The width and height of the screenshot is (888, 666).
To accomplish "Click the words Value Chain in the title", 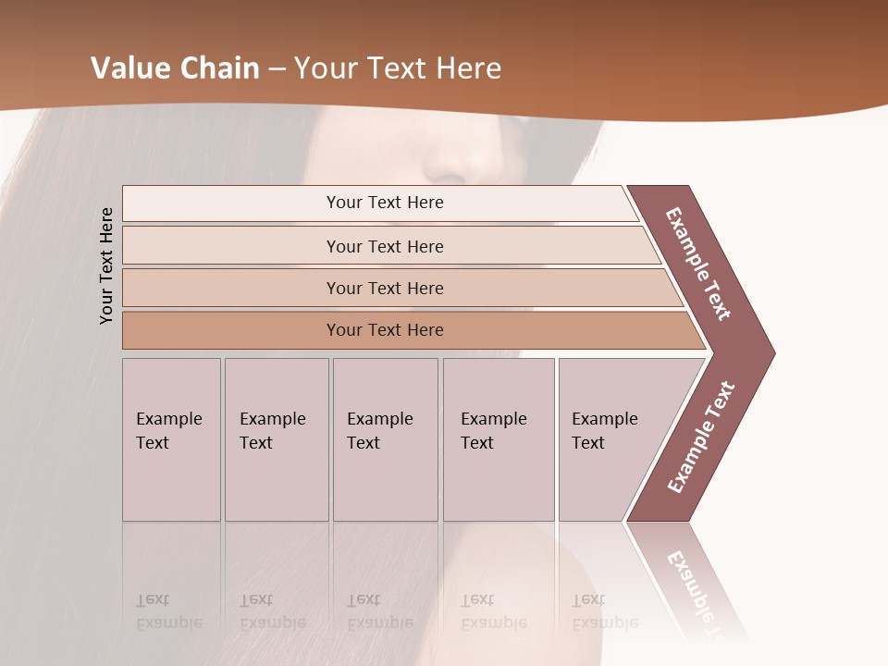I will pyautogui.click(x=175, y=68).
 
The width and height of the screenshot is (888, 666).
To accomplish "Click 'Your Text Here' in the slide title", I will pyautogui.click(x=398, y=68).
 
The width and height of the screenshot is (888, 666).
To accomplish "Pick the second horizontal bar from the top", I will pyautogui.click(x=385, y=246).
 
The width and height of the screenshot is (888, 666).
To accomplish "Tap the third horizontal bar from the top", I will pyautogui.click(x=385, y=288).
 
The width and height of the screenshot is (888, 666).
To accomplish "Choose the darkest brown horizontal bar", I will pyautogui.click(x=385, y=330).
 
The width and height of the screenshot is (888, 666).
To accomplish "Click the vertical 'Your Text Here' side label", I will pyautogui.click(x=106, y=265).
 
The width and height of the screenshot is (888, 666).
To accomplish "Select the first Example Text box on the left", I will pyautogui.click(x=171, y=438).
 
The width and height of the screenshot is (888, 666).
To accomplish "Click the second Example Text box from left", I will pyautogui.click(x=276, y=438).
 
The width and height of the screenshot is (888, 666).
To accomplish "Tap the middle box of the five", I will pyautogui.click(x=384, y=438).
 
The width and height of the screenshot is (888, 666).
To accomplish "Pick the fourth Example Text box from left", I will pyautogui.click(x=498, y=438).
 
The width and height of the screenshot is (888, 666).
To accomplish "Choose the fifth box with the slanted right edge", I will pyautogui.click(x=610, y=438).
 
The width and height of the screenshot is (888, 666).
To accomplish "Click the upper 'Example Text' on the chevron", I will pyautogui.click(x=698, y=264).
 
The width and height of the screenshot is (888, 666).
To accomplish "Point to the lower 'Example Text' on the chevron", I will pyautogui.click(x=701, y=437).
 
